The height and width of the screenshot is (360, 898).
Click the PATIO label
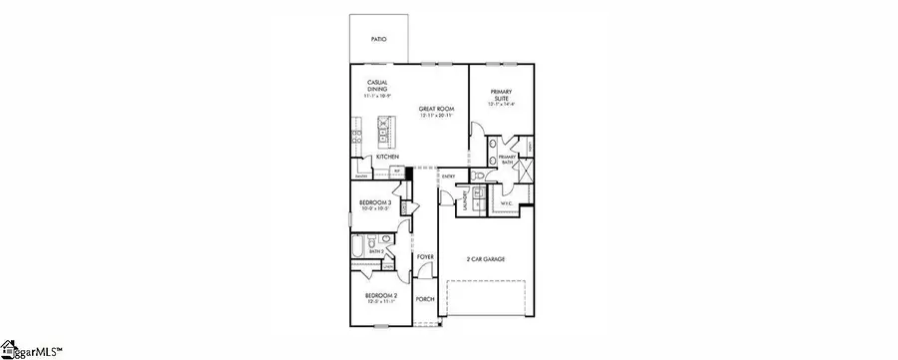coord(377,39)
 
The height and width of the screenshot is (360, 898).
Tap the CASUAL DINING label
coord(378,87)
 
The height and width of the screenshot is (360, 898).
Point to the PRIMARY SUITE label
coord(501,96)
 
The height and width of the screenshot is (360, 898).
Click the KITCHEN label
coord(388,158)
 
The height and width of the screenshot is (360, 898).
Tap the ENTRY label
coord(449,178)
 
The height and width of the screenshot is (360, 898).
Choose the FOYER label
coord(426,257)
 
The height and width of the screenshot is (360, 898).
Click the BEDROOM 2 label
coord(380,295)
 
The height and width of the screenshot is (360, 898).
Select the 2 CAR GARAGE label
coord(486,258)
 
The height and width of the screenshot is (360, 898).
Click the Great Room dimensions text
coord(436,116)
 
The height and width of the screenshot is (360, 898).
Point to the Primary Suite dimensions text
coord(501,104)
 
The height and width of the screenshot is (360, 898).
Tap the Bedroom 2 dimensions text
coord(380,303)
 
